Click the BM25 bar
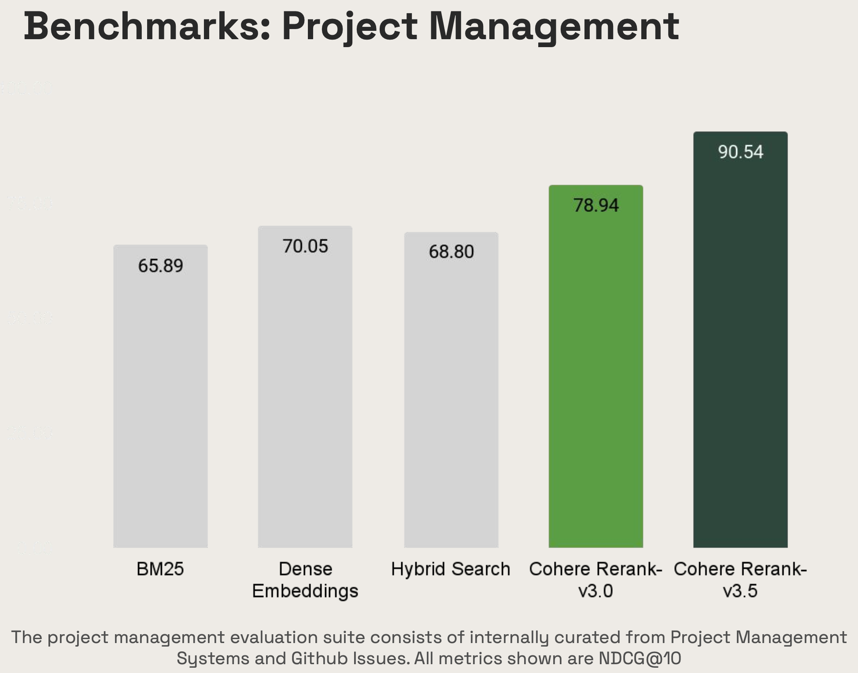click(160, 396)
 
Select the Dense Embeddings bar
click(305, 388)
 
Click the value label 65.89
click(160, 266)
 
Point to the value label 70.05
click(305, 246)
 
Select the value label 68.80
click(451, 251)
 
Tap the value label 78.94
click(595, 205)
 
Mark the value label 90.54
click(740, 152)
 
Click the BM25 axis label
click(160, 569)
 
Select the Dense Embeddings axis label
click(305, 580)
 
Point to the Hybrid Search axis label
click(451, 569)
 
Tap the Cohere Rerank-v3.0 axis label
click(595, 580)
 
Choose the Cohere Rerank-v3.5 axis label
click(740, 580)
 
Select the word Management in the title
click(554, 27)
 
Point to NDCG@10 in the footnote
click(640, 658)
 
